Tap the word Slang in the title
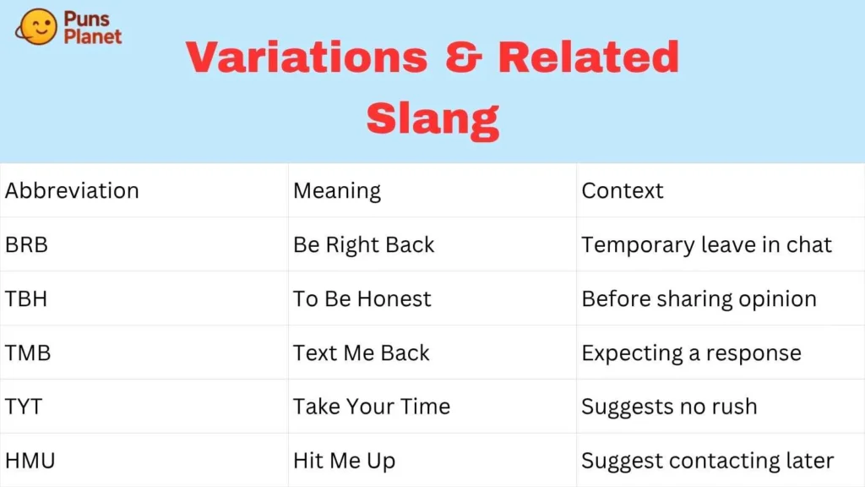pos(432,119)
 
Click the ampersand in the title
pos(462,57)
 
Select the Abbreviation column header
pos(72,190)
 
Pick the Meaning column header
pos(337,190)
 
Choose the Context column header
pos(623,190)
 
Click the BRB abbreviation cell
pos(27,245)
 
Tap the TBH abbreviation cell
pos(27,299)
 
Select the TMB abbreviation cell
pos(28,353)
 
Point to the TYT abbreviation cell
pos(24,407)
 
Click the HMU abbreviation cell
pos(30,461)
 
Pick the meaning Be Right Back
pos(363,245)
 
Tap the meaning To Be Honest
pos(362,299)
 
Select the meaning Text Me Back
pos(361,353)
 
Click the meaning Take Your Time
pos(371,407)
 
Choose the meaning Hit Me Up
pos(344,461)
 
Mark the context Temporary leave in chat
pos(706,245)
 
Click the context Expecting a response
pos(691,353)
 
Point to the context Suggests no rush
pos(669,407)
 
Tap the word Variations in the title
pos(307,57)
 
